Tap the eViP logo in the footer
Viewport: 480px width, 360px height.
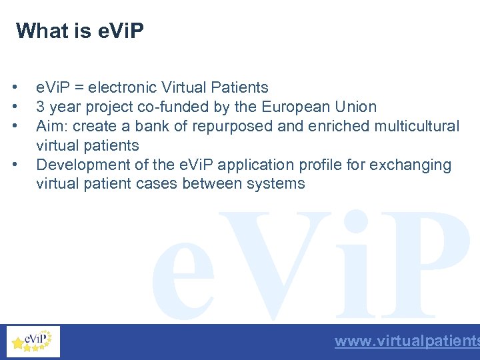(33, 341)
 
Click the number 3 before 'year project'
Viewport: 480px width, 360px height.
(41, 107)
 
